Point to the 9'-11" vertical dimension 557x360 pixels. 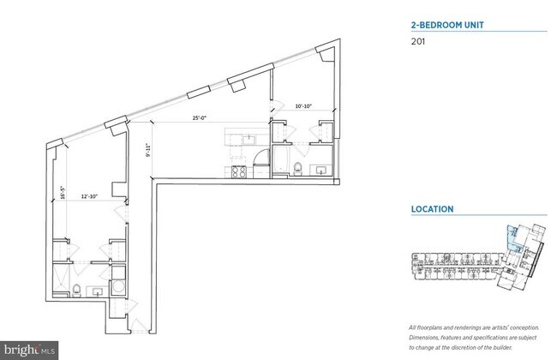[x=148, y=151]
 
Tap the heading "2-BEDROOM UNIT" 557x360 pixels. [x=447, y=25]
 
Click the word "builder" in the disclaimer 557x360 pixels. [x=513, y=348]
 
